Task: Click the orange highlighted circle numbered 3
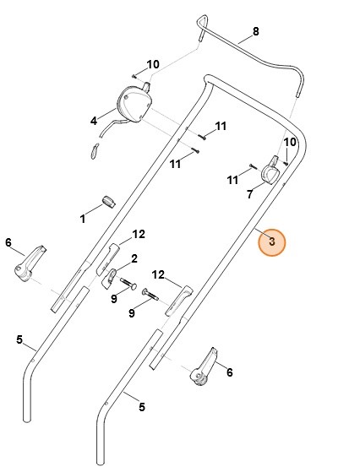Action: point(272,242)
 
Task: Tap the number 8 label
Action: point(256,32)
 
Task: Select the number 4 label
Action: point(93,122)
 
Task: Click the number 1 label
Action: point(83,219)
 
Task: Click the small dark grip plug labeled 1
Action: point(108,199)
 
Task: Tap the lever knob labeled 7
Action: point(272,171)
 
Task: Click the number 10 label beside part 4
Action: point(153,64)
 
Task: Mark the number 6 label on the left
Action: point(9,242)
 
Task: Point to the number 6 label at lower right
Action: point(228,371)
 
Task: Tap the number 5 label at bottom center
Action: point(141,407)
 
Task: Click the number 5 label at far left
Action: point(19,339)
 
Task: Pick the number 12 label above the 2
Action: point(139,233)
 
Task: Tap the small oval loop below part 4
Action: point(95,149)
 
